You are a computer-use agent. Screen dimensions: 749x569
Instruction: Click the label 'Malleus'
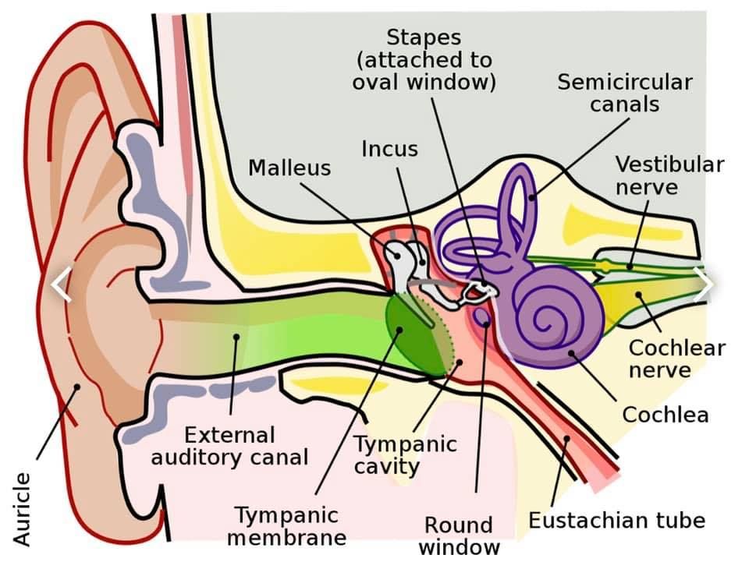(289, 168)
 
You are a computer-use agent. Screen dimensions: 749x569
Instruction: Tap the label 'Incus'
(390, 149)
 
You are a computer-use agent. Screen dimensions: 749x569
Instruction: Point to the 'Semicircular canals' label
(625, 93)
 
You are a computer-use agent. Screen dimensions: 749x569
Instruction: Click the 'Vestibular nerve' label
(669, 175)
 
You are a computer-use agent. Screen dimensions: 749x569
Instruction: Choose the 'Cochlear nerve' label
(677, 359)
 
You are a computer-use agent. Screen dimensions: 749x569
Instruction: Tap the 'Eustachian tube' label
(616, 520)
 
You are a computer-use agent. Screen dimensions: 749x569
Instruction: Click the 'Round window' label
(459, 535)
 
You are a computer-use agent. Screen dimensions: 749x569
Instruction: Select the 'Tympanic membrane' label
(286, 526)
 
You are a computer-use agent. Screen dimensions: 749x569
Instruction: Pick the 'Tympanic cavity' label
(405, 455)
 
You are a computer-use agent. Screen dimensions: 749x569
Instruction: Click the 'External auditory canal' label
(229, 447)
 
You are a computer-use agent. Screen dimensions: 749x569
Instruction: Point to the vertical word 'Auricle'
(22, 509)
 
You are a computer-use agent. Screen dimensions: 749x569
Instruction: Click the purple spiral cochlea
(555, 316)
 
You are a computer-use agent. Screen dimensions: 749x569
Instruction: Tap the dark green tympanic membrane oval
(418, 334)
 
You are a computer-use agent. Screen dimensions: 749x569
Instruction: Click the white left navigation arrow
(61, 284)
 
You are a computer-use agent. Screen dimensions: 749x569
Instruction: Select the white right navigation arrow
(703, 284)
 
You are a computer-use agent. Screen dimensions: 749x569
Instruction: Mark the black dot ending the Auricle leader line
(76, 387)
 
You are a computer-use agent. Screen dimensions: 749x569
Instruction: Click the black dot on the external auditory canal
(236, 337)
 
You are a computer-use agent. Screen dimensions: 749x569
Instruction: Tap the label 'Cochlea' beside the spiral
(666, 415)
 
